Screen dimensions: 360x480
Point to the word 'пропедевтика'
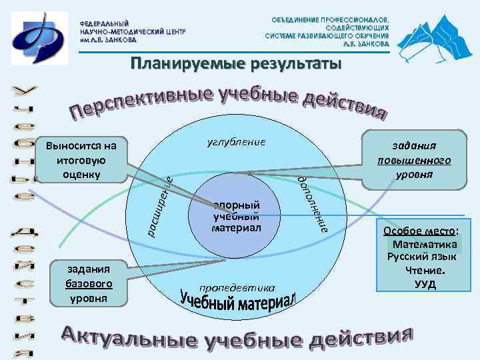point(237,288)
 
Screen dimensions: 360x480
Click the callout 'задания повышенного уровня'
point(413,160)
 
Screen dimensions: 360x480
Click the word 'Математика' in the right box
point(423,244)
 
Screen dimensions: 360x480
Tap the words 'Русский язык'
point(423,257)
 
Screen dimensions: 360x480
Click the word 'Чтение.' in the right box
point(425,271)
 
